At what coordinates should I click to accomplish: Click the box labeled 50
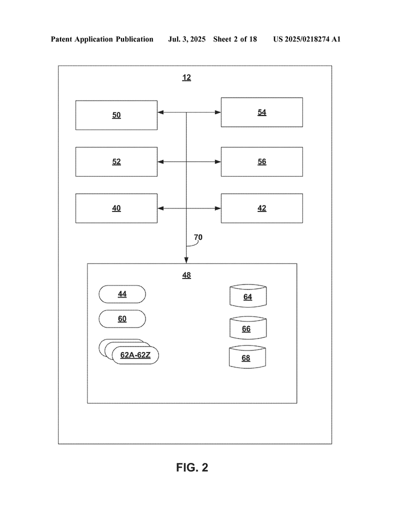click(x=116, y=115)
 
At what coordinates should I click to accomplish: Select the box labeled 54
click(x=262, y=112)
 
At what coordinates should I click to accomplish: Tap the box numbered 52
click(x=116, y=161)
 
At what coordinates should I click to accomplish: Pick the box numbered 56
click(x=262, y=161)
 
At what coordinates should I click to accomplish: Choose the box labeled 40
click(x=116, y=208)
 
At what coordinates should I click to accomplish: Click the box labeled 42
click(x=262, y=208)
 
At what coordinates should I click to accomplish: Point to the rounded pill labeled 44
click(x=122, y=294)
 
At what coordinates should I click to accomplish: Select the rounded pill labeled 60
click(x=122, y=318)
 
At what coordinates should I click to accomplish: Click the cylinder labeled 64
click(x=248, y=296)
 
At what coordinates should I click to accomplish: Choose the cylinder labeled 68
click(x=247, y=357)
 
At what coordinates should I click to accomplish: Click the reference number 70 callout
click(x=198, y=237)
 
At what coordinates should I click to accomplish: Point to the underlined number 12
click(x=186, y=77)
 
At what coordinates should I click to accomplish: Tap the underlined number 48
click(x=186, y=275)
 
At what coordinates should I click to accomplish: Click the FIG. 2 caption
click(x=192, y=467)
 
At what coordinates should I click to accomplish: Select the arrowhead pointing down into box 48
click(x=186, y=260)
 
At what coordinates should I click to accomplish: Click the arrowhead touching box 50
click(x=160, y=112)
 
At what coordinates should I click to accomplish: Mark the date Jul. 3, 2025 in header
click(x=186, y=39)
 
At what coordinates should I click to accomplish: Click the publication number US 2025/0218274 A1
click(x=307, y=39)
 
